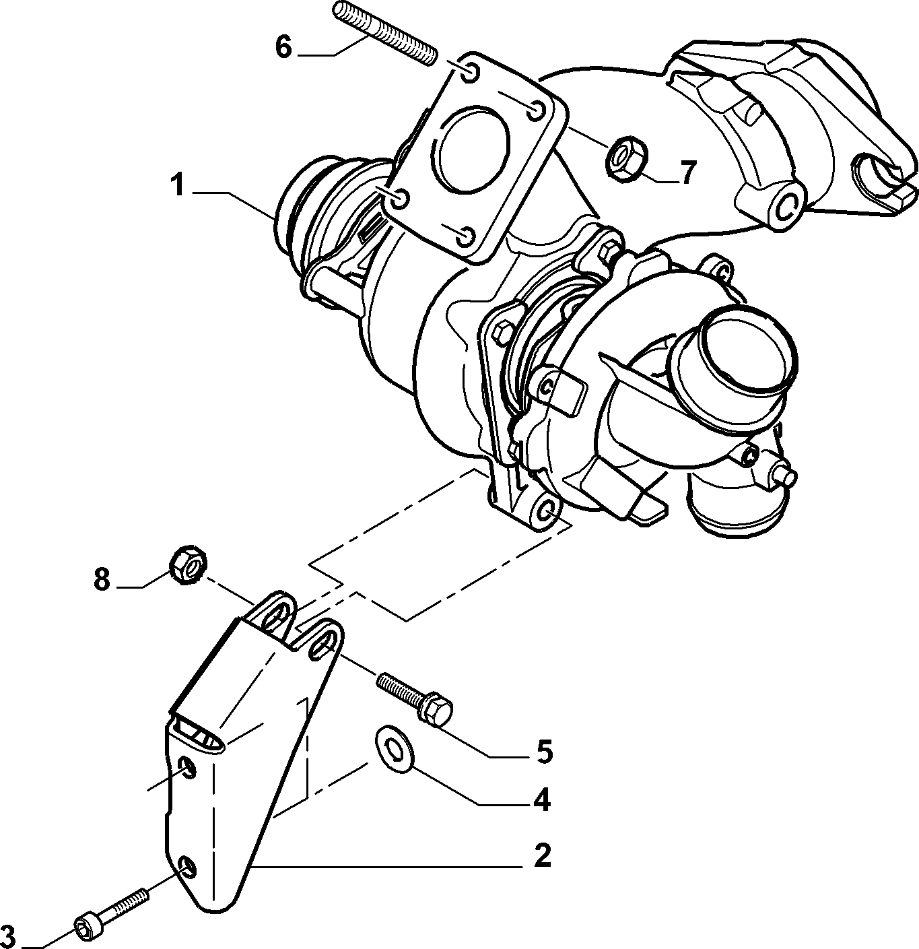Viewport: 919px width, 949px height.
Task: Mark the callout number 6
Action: [x=283, y=47]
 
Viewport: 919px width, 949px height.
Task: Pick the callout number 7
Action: [x=687, y=172]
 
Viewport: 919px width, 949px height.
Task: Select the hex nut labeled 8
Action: [x=188, y=564]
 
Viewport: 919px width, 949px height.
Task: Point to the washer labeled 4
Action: [x=394, y=748]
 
